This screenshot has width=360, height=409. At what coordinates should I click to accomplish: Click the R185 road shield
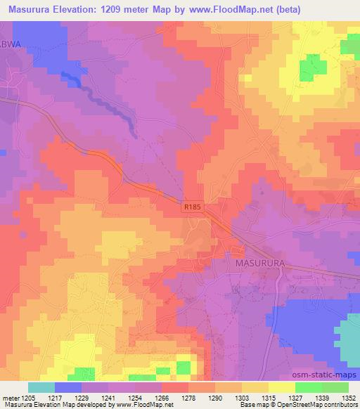pos(191,207)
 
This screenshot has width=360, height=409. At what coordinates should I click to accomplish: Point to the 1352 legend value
pos(348,398)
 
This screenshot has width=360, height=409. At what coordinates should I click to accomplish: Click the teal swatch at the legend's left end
pos(41,387)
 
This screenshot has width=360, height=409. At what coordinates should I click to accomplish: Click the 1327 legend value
pos(294,398)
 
